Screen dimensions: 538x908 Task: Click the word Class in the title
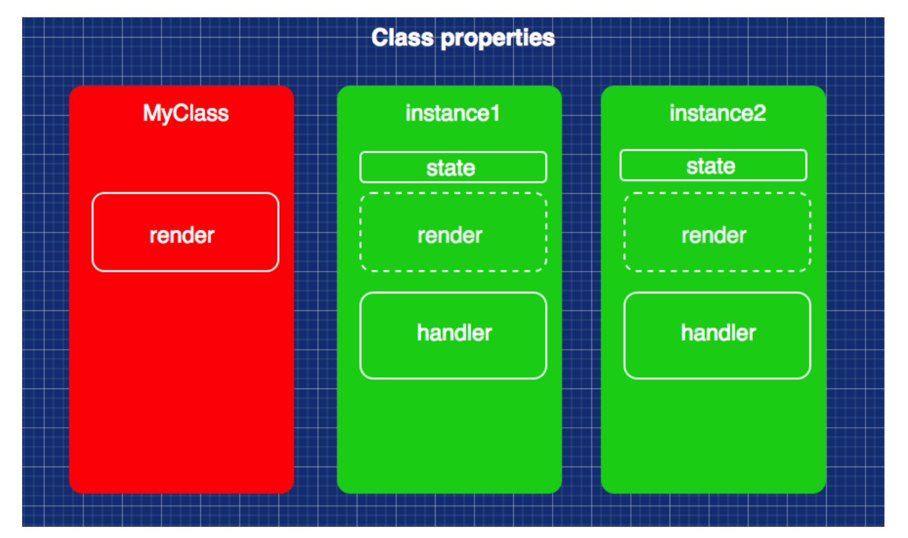point(402,38)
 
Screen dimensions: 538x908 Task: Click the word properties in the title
point(498,38)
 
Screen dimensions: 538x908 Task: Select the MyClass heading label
point(185,113)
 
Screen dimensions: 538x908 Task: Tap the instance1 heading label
point(452,113)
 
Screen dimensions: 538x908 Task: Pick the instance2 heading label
point(717,113)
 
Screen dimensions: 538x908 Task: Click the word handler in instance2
point(718,333)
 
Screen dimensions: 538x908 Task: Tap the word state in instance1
point(450,168)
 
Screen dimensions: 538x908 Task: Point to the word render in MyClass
point(182,235)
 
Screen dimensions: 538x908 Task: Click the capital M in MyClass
point(151,113)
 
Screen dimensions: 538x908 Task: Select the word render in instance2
point(713,235)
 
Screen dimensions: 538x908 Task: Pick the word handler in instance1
point(454,333)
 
